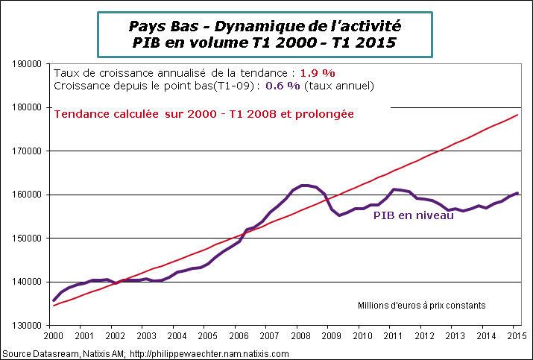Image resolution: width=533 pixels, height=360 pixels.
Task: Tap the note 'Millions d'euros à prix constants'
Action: (422, 305)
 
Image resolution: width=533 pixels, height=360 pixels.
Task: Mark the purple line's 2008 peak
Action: (304, 185)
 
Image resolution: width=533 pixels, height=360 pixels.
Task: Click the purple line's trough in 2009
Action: (340, 215)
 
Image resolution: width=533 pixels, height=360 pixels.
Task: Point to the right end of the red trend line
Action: (519, 115)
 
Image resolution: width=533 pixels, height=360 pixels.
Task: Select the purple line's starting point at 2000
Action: (52, 300)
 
